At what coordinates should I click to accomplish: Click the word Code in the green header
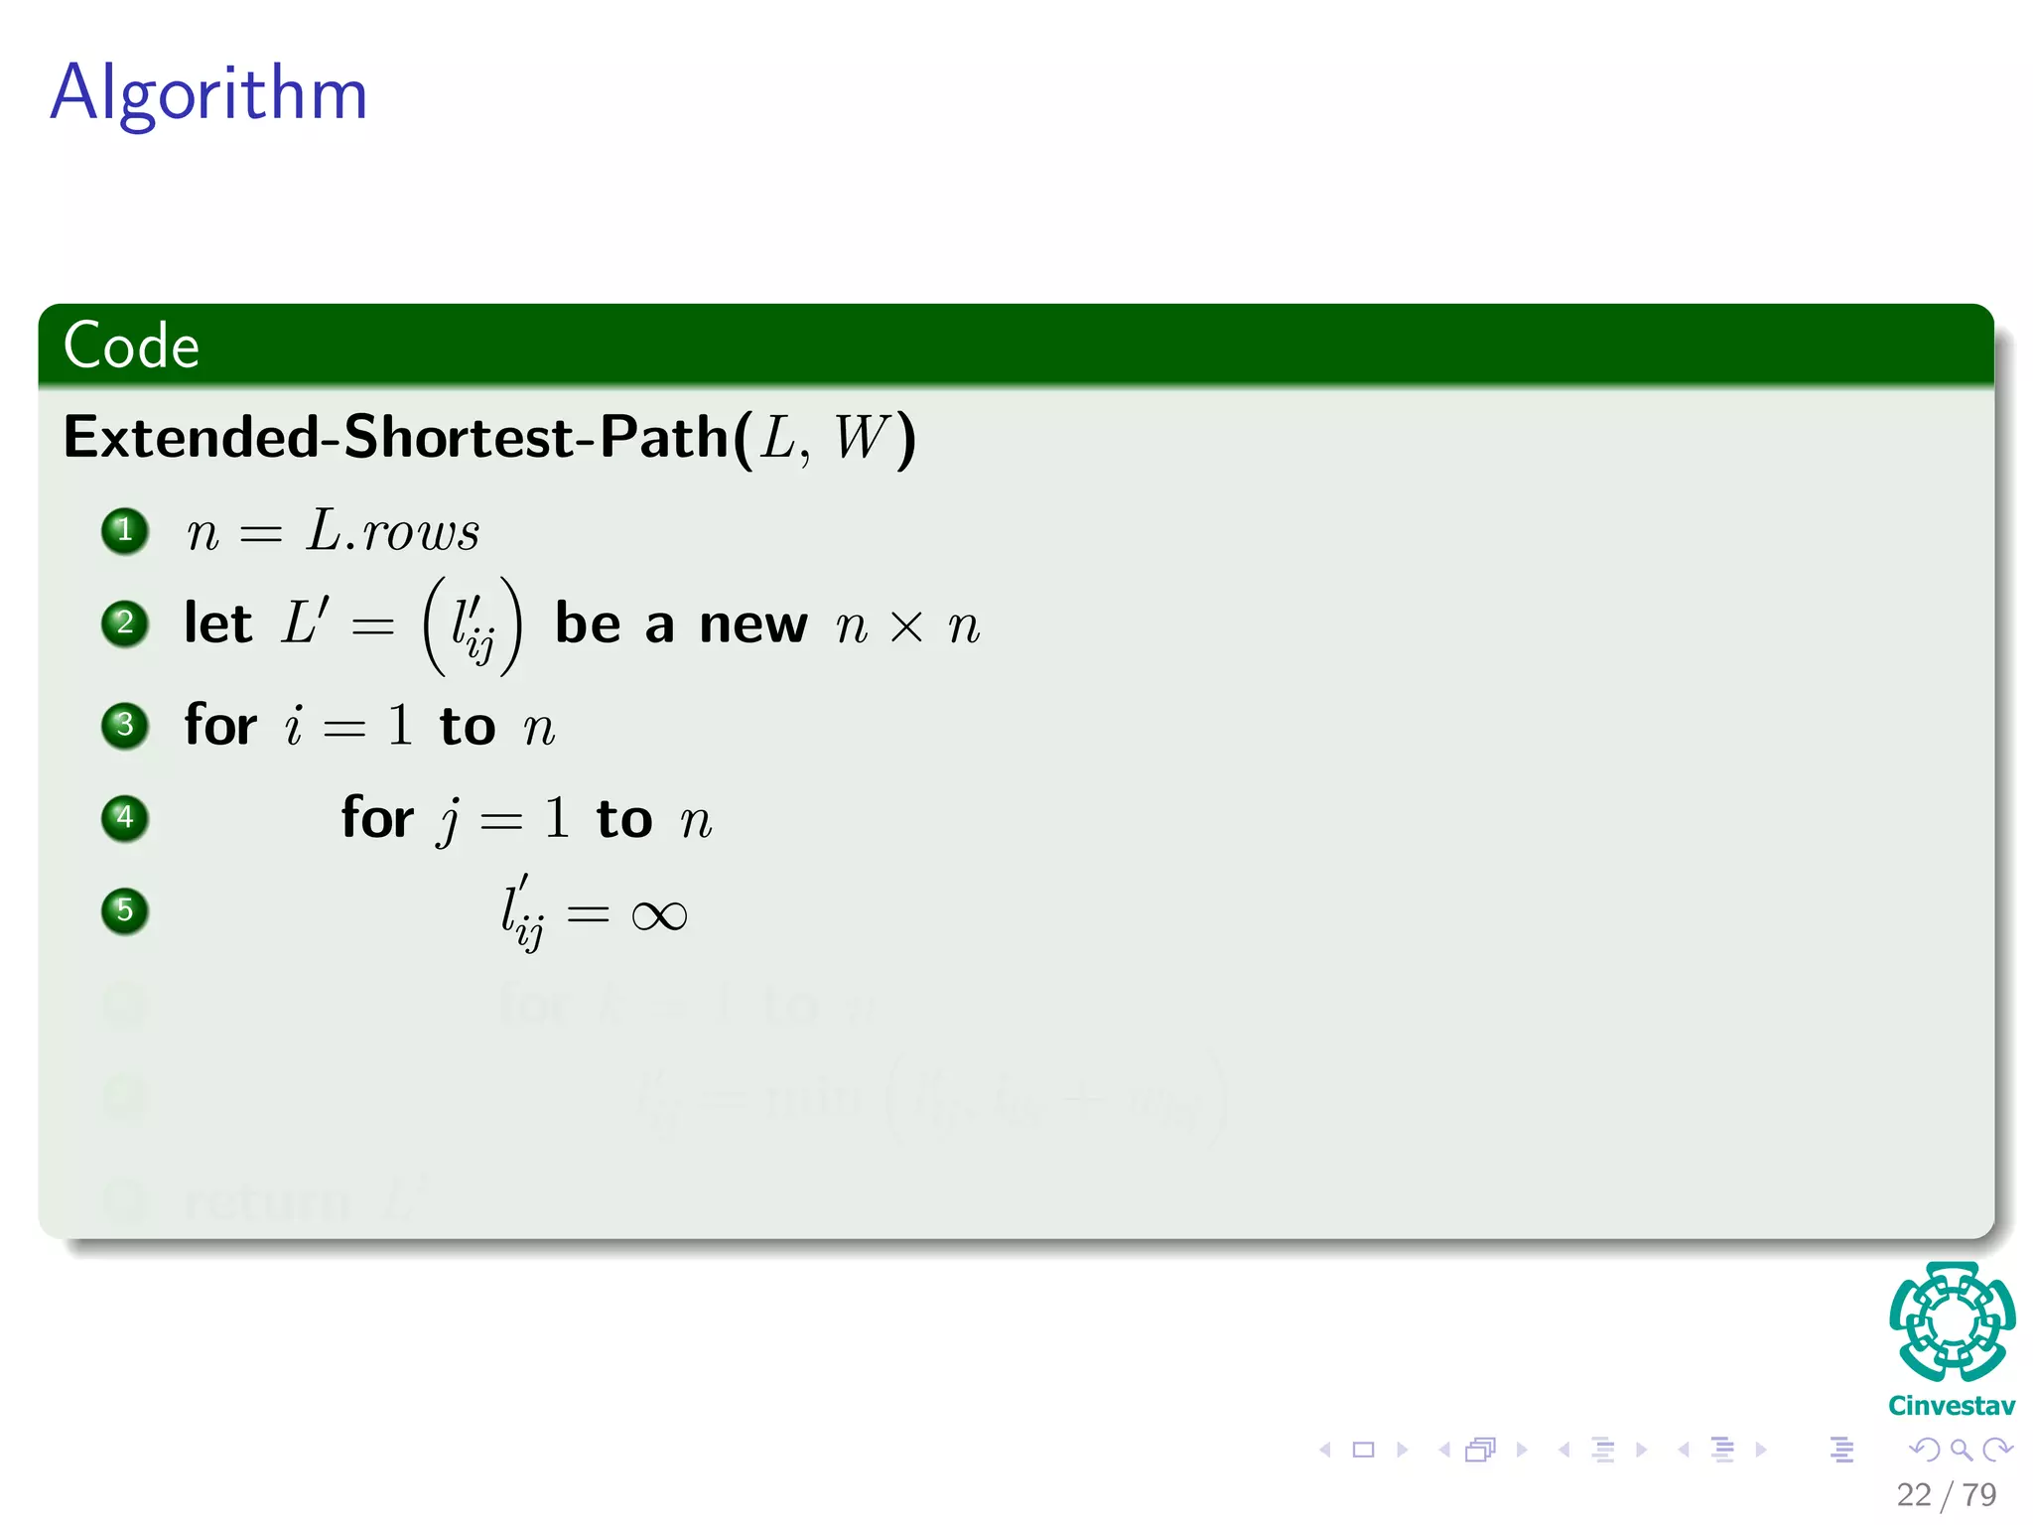[131, 346]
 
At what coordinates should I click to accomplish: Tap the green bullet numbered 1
[125, 530]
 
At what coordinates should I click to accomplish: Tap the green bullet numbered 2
[125, 624]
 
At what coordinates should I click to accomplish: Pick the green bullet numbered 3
[125, 725]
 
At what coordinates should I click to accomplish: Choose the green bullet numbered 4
[125, 818]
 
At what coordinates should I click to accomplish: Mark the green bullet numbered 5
[125, 910]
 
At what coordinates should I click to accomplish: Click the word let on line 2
[218, 624]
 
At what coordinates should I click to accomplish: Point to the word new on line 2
[752, 625]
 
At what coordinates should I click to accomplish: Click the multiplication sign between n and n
[906, 627]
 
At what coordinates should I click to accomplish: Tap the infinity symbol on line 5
[658, 914]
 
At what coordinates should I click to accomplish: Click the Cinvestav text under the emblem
[1952, 1406]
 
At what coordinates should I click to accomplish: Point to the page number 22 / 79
[1946, 1494]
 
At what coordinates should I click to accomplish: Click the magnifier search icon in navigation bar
[1961, 1451]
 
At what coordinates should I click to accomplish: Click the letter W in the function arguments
[860, 437]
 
